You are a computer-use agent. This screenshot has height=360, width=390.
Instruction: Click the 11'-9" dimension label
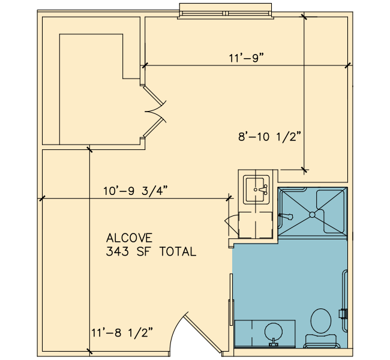(246, 58)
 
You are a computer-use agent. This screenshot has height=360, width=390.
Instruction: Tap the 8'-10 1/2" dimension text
(269, 137)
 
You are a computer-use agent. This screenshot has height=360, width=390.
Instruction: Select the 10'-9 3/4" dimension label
(136, 191)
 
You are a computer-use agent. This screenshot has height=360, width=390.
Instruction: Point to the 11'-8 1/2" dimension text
(122, 332)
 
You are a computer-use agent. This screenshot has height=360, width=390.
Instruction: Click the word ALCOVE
(129, 238)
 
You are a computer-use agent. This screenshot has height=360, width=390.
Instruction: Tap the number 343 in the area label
(118, 251)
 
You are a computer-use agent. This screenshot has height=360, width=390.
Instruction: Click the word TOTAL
(178, 251)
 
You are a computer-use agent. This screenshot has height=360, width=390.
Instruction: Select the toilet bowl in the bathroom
(321, 321)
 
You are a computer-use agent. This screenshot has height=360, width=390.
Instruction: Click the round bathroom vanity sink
(274, 332)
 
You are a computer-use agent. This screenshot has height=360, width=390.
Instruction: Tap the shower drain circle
(313, 214)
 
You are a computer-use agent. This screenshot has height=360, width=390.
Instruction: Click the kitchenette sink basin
(256, 190)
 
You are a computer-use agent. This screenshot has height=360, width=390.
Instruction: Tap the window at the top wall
(226, 11)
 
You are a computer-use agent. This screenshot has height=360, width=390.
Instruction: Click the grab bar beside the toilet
(345, 301)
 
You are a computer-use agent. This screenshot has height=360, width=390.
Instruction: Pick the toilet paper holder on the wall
(343, 313)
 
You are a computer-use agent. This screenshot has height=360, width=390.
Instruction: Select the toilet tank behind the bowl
(321, 341)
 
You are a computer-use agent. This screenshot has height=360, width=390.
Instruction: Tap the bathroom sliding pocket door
(232, 311)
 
